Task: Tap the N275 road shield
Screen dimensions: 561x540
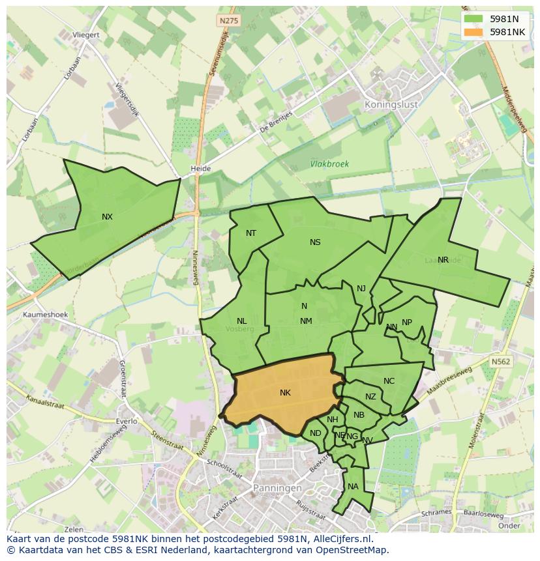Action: pos(229,21)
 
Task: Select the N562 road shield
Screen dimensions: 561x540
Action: pos(501,362)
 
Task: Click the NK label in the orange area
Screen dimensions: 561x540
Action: pos(285,393)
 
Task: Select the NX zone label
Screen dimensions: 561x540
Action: pos(107,217)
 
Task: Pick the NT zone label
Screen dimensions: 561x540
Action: pos(251,233)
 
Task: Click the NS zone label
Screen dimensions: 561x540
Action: pos(315,242)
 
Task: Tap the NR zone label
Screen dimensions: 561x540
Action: pos(443,260)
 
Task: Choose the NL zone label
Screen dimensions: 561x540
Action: pos(241,321)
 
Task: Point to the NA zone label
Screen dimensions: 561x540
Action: pos(353,487)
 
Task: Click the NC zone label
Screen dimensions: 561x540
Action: pos(389,381)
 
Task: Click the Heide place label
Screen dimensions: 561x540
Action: pos(200,169)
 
